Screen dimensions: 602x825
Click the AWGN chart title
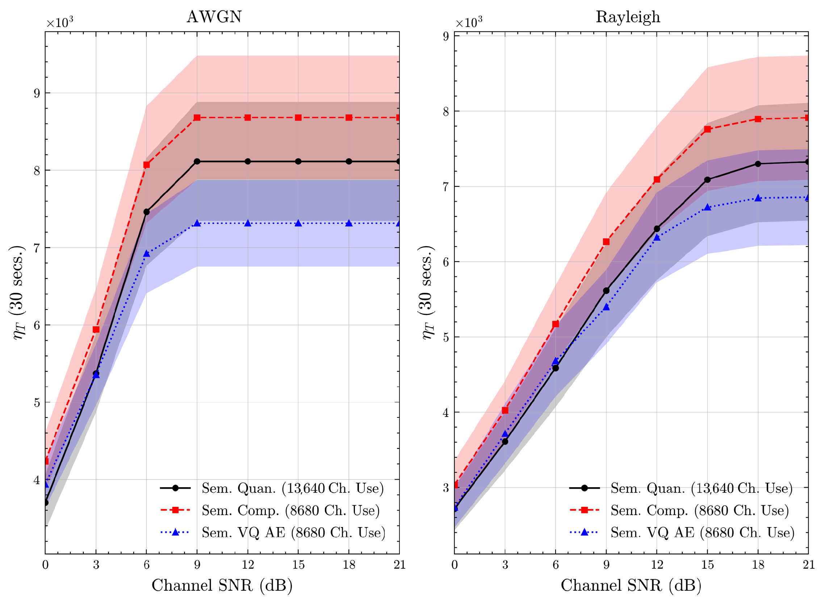point(214,17)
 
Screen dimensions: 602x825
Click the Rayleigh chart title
point(628,17)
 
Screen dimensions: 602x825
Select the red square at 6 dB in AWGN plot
point(147,165)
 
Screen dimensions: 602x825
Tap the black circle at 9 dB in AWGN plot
point(197,161)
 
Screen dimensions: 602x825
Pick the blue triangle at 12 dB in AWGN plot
point(248,223)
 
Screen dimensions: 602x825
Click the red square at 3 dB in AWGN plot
point(96,329)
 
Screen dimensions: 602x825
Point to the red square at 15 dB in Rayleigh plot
point(707,129)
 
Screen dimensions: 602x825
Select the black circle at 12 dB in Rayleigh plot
point(657,229)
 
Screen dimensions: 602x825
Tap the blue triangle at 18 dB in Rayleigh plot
point(758,198)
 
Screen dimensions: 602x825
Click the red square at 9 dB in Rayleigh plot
point(606,241)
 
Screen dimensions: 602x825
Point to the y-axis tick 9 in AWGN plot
point(37,93)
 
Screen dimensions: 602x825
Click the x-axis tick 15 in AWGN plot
point(298,565)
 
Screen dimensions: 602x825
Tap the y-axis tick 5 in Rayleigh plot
point(446,337)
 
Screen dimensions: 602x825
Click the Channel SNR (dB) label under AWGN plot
point(222,586)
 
